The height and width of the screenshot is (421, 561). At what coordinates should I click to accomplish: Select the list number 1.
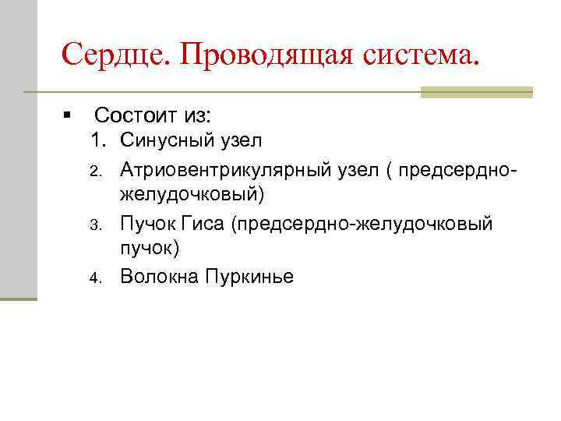tap(97, 141)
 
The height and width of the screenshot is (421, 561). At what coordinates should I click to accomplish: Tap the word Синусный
tap(163, 141)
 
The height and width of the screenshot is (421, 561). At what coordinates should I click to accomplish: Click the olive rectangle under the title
tap(476, 92)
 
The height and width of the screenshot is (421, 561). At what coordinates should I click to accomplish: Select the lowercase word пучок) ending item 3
tap(150, 249)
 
